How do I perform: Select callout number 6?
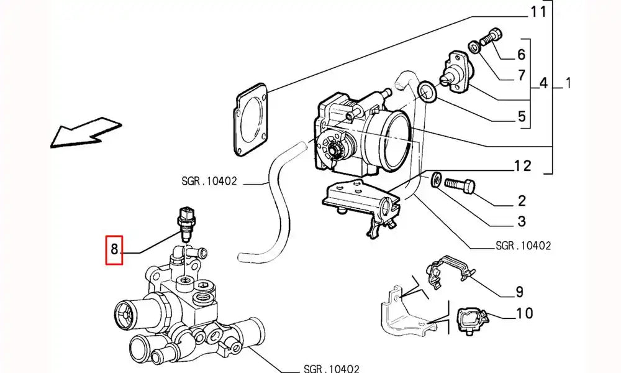click(x=521, y=54)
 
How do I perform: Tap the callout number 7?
click(x=522, y=76)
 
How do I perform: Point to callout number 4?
click(x=543, y=83)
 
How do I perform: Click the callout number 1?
click(x=569, y=83)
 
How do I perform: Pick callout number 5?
click(x=522, y=116)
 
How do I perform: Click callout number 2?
click(x=522, y=200)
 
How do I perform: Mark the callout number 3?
click(x=522, y=221)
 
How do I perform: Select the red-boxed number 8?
click(x=114, y=250)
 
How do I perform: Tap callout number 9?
click(x=519, y=292)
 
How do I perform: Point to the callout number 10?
click(x=525, y=313)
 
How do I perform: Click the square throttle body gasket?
click(x=253, y=119)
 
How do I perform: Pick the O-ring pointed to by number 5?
click(x=428, y=93)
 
